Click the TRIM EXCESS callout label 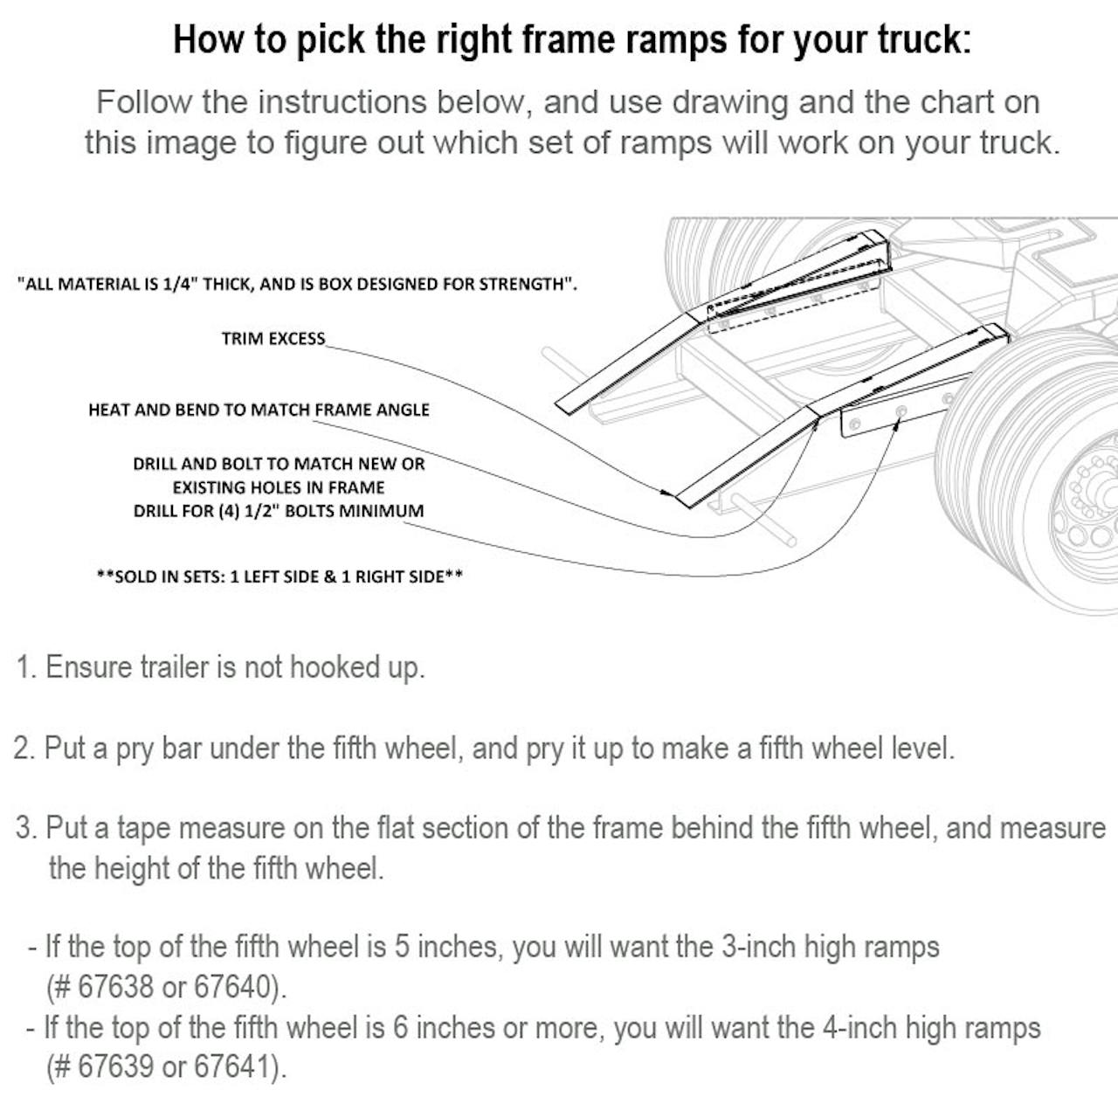[273, 338]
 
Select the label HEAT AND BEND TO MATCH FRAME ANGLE [259, 410]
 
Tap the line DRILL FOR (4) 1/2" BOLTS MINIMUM [279, 511]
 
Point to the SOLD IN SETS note [280, 576]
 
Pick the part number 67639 [115, 1066]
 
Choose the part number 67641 [232, 1066]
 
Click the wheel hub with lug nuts [1091, 496]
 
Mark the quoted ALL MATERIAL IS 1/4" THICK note [298, 284]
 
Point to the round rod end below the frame [788, 540]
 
